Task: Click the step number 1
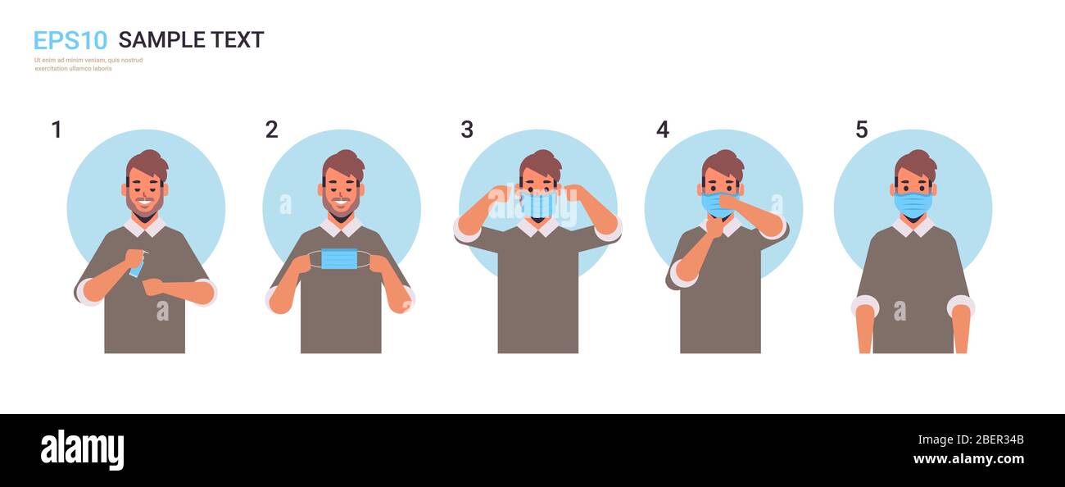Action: pos(57,130)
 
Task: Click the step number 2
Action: pos(271,130)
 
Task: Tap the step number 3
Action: pos(467,130)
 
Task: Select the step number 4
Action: pos(663,130)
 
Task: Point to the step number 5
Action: pos(862,130)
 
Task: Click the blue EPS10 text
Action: pos(70,40)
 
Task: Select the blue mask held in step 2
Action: pos(339,259)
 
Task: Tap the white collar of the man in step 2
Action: pos(341,226)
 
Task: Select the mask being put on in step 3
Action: pos(538,204)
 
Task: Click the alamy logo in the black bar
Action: pos(82,450)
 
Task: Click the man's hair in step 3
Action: pos(541,163)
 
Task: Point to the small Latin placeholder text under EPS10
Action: pos(88,64)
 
